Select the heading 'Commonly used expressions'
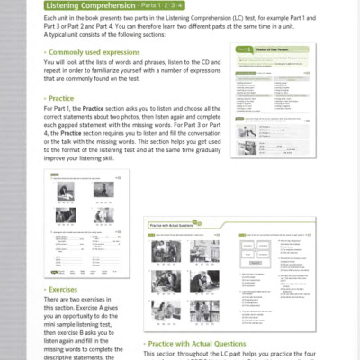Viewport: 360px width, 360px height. (98, 51)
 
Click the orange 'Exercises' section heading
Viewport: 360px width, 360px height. (65, 289)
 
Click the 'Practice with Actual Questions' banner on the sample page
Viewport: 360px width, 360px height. (182, 227)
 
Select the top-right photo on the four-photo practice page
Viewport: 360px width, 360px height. (103, 192)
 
